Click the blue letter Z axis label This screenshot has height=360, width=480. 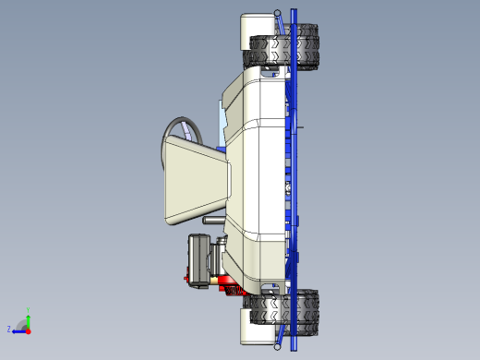(x=9, y=329)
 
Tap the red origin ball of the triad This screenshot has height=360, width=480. (x=28, y=330)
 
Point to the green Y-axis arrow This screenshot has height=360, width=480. (x=28, y=319)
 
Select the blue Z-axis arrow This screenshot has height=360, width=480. (x=19, y=330)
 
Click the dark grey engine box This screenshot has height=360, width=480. (x=200, y=260)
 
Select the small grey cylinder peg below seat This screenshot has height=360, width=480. (x=211, y=222)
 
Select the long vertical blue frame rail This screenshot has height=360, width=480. (x=294, y=180)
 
